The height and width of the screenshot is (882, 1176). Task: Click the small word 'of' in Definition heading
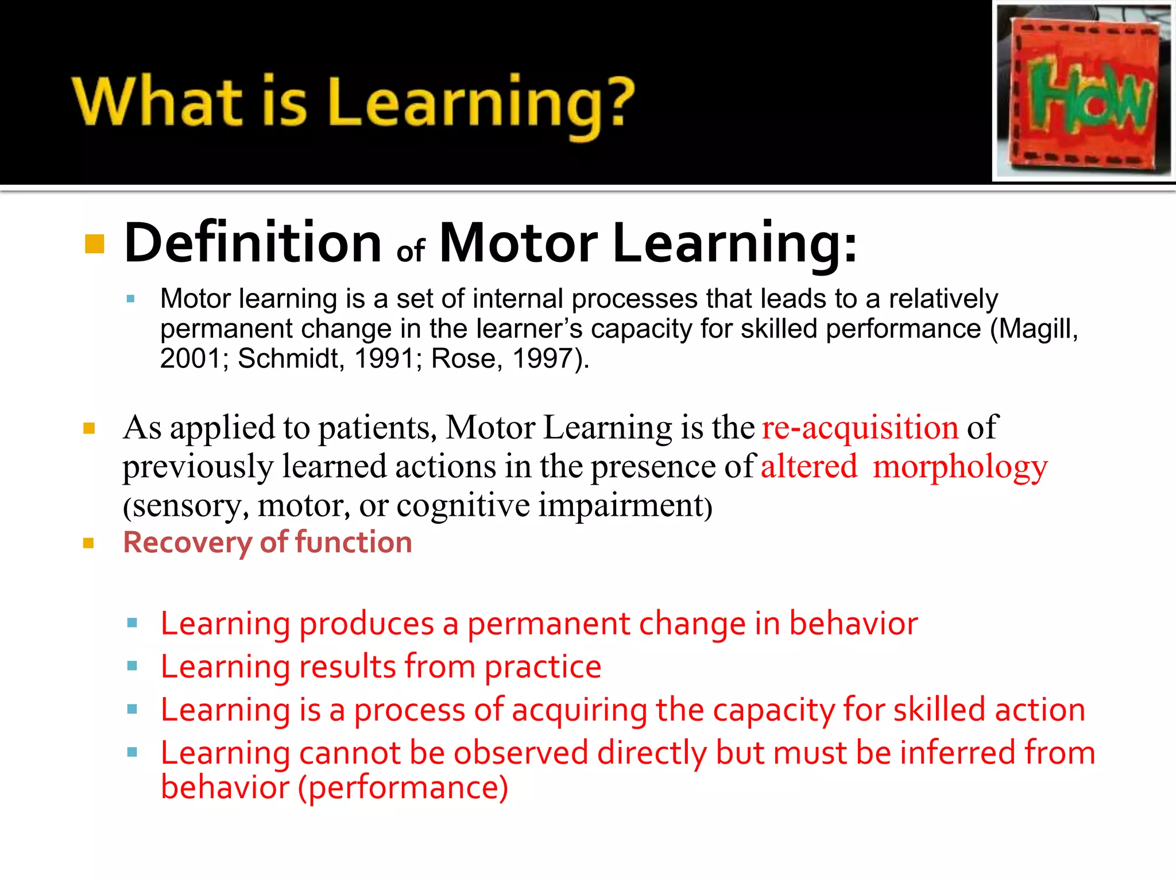click(411, 251)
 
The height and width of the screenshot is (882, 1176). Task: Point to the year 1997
click(543, 359)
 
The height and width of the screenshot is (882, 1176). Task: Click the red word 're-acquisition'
click(860, 428)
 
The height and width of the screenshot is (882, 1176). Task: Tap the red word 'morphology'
click(960, 466)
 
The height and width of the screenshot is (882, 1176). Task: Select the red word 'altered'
click(808, 466)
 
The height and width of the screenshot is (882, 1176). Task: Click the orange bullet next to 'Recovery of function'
click(88, 543)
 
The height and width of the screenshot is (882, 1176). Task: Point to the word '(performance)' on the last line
click(403, 788)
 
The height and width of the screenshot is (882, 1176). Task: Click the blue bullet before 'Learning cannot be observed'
click(132, 752)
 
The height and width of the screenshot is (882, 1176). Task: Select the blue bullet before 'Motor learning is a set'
click(131, 299)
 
